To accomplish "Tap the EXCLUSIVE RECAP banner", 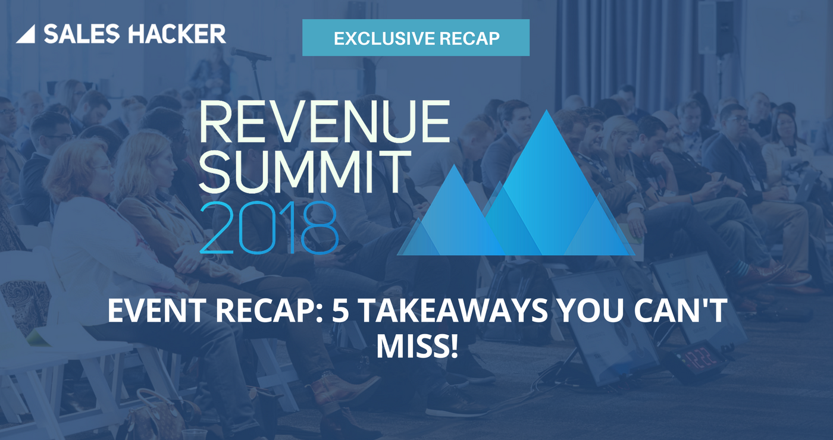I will (415, 37).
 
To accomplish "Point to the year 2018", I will (269, 227).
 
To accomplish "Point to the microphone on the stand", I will (250, 55).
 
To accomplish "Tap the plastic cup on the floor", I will (194, 433).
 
